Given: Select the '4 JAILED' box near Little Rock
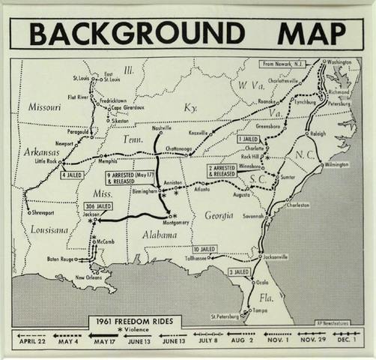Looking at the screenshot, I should point(73,175).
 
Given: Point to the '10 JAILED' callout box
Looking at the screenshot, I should point(204,249).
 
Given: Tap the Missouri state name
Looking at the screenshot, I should point(44,106).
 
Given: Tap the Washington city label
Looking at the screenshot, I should point(339,61).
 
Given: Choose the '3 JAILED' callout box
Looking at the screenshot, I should point(239,272).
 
